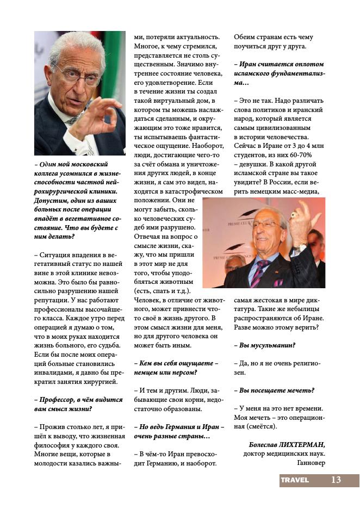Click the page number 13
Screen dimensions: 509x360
click(336, 480)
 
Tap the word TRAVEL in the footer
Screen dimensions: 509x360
click(295, 480)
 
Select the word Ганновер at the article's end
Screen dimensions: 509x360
click(311, 463)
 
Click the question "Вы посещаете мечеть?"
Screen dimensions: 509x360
click(277, 390)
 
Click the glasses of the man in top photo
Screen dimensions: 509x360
click(78, 77)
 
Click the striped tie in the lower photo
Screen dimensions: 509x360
click(258, 270)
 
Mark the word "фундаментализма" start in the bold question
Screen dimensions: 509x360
click(301, 73)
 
